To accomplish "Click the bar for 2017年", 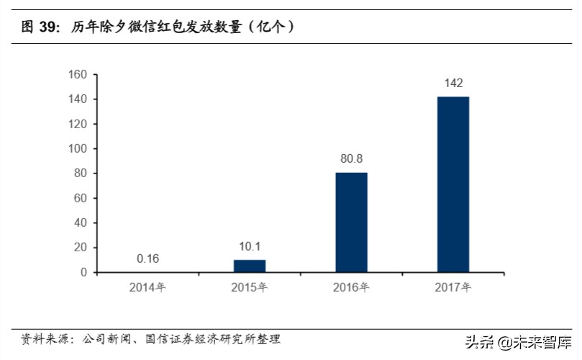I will [453, 184].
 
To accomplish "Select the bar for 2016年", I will [351, 222].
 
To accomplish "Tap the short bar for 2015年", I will [250, 266].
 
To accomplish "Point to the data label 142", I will [453, 84].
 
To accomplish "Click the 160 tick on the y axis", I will [78, 74].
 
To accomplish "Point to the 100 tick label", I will [78, 148].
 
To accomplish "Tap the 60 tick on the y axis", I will [81, 198].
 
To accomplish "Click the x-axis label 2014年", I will [147, 288].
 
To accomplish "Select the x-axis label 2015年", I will [249, 288].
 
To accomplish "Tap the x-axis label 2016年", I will [351, 288].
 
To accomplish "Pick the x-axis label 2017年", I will [453, 288].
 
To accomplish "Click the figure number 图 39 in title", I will [39, 27].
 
